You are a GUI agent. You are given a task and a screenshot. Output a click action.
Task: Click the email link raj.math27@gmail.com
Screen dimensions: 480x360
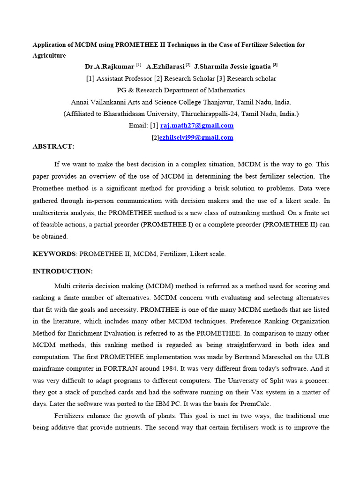[x=197, y=126]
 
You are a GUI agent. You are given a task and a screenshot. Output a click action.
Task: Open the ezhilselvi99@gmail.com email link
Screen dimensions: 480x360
[x=196, y=137]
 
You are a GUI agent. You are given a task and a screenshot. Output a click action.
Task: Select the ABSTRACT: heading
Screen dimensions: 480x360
[x=53, y=146]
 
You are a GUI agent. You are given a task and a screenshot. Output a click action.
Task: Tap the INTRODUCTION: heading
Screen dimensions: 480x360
[x=62, y=271]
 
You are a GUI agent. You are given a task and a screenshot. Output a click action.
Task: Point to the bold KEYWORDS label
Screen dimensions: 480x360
[x=54, y=254]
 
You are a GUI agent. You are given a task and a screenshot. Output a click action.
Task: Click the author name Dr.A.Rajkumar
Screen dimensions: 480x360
[x=109, y=67]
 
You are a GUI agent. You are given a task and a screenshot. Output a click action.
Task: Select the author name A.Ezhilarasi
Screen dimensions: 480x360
[x=165, y=67]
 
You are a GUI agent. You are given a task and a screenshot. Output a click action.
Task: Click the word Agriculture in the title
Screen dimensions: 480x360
[x=49, y=55]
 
